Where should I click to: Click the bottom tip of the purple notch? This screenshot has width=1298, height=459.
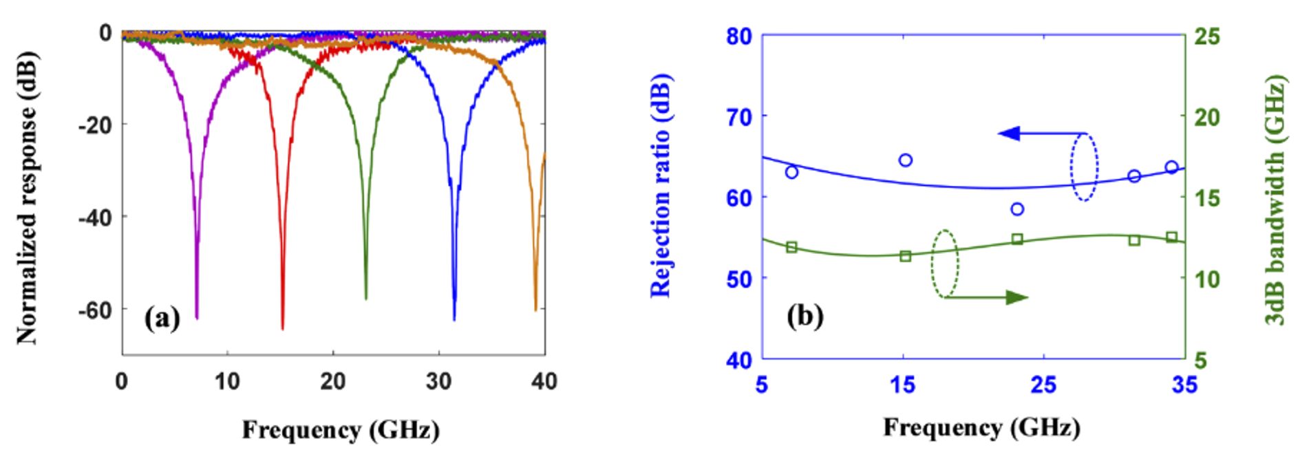197,317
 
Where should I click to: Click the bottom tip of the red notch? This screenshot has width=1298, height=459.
282,328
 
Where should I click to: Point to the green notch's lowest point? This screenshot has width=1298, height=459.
365,299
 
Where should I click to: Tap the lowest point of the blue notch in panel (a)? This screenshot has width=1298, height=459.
454,319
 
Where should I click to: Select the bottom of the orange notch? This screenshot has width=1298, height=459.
535,310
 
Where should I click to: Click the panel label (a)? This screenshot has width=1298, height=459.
162,318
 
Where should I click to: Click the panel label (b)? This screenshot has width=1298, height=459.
805,316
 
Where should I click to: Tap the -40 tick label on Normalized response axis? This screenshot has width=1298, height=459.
94,217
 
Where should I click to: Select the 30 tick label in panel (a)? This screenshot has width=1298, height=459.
438,381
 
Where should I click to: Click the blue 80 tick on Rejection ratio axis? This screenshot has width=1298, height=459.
739,36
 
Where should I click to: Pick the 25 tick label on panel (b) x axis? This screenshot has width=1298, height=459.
1043,384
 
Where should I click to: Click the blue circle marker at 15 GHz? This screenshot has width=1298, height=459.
906,160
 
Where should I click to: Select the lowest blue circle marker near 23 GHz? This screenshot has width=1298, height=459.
1017,209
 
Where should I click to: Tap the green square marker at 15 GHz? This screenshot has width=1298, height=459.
906,256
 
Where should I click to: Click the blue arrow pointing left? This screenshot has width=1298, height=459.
1010,134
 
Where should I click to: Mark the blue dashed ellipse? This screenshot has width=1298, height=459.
1084,167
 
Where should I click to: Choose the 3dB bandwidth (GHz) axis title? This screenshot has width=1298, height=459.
1275,200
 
